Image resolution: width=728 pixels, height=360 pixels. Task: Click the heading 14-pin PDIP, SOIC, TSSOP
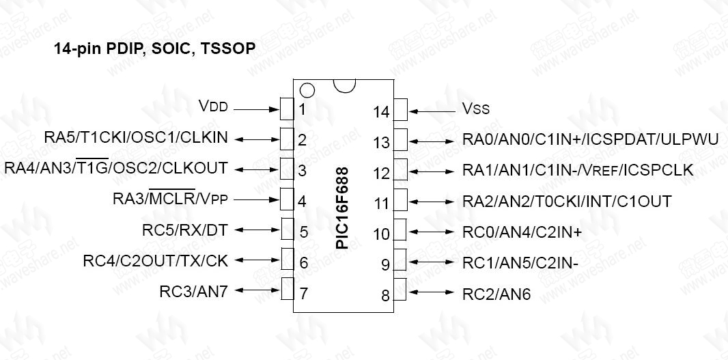click(x=155, y=49)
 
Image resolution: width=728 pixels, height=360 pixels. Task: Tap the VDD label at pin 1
click(x=212, y=107)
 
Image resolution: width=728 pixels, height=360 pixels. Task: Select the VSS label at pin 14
click(x=476, y=109)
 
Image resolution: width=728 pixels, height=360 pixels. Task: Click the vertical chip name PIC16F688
click(x=343, y=208)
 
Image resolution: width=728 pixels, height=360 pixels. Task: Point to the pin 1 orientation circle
click(x=307, y=89)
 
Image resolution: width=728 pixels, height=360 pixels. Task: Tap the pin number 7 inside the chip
click(x=303, y=294)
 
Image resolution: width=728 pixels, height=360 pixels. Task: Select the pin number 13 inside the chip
click(x=381, y=142)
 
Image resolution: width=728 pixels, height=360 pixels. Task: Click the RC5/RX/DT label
click(x=184, y=230)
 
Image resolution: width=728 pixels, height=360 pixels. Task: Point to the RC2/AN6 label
click(x=496, y=294)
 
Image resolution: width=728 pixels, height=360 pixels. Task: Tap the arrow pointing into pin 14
click(x=432, y=109)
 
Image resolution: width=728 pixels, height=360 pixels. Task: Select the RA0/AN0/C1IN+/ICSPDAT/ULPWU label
click(x=590, y=139)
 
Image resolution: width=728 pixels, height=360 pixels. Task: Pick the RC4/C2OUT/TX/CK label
click(x=155, y=260)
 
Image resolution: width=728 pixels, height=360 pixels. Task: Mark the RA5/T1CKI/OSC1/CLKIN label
click(x=136, y=137)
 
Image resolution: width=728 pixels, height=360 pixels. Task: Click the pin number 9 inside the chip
click(x=385, y=264)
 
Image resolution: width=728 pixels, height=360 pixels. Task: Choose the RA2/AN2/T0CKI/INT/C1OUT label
click(x=567, y=201)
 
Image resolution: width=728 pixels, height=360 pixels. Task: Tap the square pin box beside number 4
click(x=288, y=199)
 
